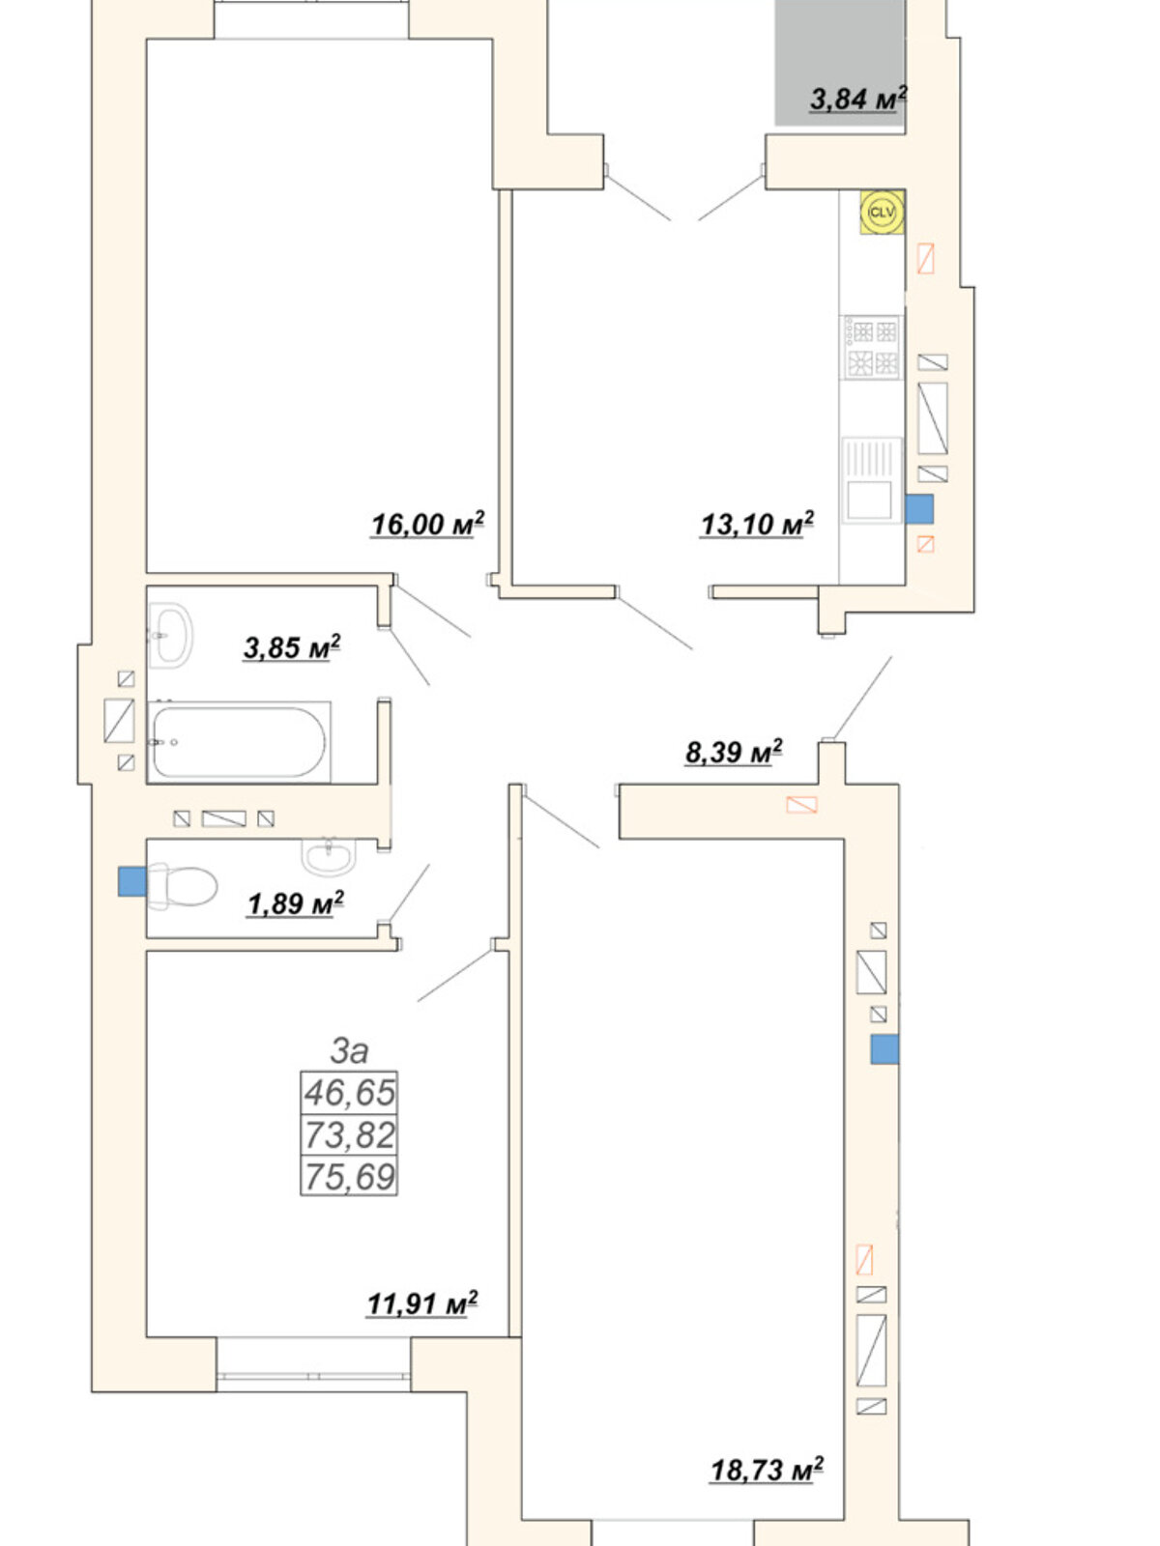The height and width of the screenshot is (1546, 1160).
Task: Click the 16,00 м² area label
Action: [427, 524]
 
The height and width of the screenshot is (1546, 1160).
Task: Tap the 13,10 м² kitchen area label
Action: [757, 524]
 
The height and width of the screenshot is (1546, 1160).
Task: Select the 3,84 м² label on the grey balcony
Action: [857, 99]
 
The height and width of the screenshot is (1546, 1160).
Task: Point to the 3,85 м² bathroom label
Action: [292, 646]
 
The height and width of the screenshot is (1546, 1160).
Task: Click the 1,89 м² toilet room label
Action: [296, 902]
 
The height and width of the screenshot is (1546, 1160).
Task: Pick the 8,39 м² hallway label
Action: [734, 752]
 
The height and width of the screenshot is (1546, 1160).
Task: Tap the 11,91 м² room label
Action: [421, 1303]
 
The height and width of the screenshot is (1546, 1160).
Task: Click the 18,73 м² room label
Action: [767, 1470]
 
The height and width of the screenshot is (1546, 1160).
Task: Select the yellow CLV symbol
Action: [882, 212]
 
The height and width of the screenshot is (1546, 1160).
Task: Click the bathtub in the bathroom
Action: [239, 742]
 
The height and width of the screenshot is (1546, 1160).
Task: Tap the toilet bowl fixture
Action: [183, 886]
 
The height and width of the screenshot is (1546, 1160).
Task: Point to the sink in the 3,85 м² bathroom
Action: [170, 635]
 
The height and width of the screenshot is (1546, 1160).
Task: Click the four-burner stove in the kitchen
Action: [872, 347]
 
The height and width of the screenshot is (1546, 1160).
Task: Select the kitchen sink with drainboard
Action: [872, 480]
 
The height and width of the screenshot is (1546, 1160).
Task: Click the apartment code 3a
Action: [349, 1050]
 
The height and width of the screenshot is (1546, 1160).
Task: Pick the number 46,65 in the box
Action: [349, 1093]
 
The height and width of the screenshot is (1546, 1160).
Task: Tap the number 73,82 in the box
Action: [349, 1134]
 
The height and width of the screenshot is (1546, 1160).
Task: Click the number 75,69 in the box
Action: [349, 1176]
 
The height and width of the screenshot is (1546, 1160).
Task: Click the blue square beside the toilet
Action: [131, 881]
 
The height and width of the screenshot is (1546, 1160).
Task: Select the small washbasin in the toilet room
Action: [329, 856]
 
